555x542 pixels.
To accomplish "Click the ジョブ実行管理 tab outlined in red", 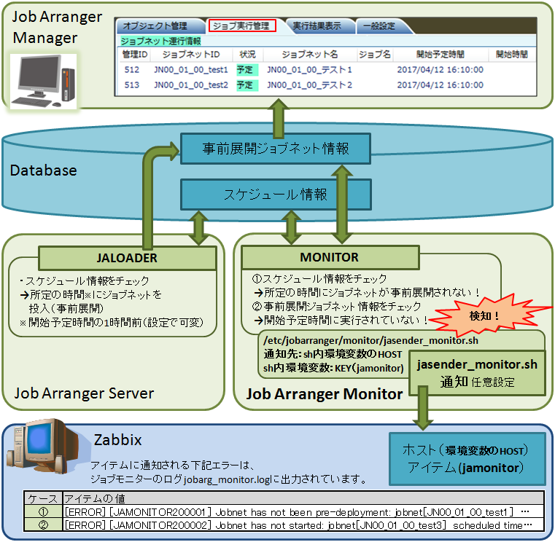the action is [x=242, y=25].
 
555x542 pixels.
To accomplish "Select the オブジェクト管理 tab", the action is [x=155, y=25].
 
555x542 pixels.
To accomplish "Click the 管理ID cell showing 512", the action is [x=132, y=70].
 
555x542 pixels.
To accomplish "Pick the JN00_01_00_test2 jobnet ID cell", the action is [x=191, y=85].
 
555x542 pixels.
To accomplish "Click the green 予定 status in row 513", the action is [x=245, y=85].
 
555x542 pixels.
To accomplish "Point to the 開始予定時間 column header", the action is [x=440, y=55].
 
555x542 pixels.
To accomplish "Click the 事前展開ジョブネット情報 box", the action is [x=276, y=149].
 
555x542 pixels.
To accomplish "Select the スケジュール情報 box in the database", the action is [x=276, y=195].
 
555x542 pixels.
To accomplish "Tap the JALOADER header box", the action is [x=127, y=258].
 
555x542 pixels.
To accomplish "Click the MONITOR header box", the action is [x=330, y=257].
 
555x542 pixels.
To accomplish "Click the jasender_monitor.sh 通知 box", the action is [x=477, y=373].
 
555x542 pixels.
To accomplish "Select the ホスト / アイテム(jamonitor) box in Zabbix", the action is [x=467, y=458].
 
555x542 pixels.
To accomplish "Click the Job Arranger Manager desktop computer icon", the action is [x=43, y=82].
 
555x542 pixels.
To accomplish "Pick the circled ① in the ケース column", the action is [x=43, y=511].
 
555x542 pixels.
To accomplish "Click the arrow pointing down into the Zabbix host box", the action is [x=422, y=408].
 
